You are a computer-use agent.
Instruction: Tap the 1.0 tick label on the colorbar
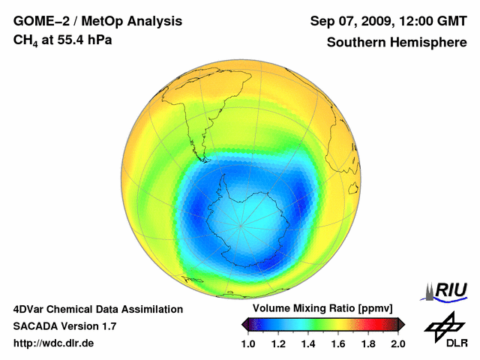coord(248,343)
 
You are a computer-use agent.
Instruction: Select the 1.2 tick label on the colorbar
coord(278,343)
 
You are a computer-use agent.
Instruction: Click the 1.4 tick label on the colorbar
coord(308,343)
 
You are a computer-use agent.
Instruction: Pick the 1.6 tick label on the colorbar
coord(338,343)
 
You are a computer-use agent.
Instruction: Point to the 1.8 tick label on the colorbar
coord(368,343)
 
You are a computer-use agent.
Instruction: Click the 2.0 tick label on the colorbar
coord(398,343)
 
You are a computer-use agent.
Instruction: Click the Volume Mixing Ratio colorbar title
coord(319,309)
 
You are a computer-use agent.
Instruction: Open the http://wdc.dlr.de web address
coord(54,343)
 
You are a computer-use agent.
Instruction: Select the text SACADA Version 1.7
coord(64,326)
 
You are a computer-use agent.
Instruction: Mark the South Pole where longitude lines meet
coord(241,225)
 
